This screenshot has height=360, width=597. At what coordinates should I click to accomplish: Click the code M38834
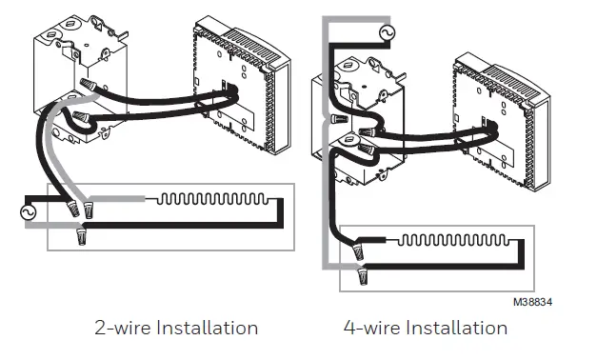point(533,302)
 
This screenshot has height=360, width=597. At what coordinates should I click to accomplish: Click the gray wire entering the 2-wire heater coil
point(129,200)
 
